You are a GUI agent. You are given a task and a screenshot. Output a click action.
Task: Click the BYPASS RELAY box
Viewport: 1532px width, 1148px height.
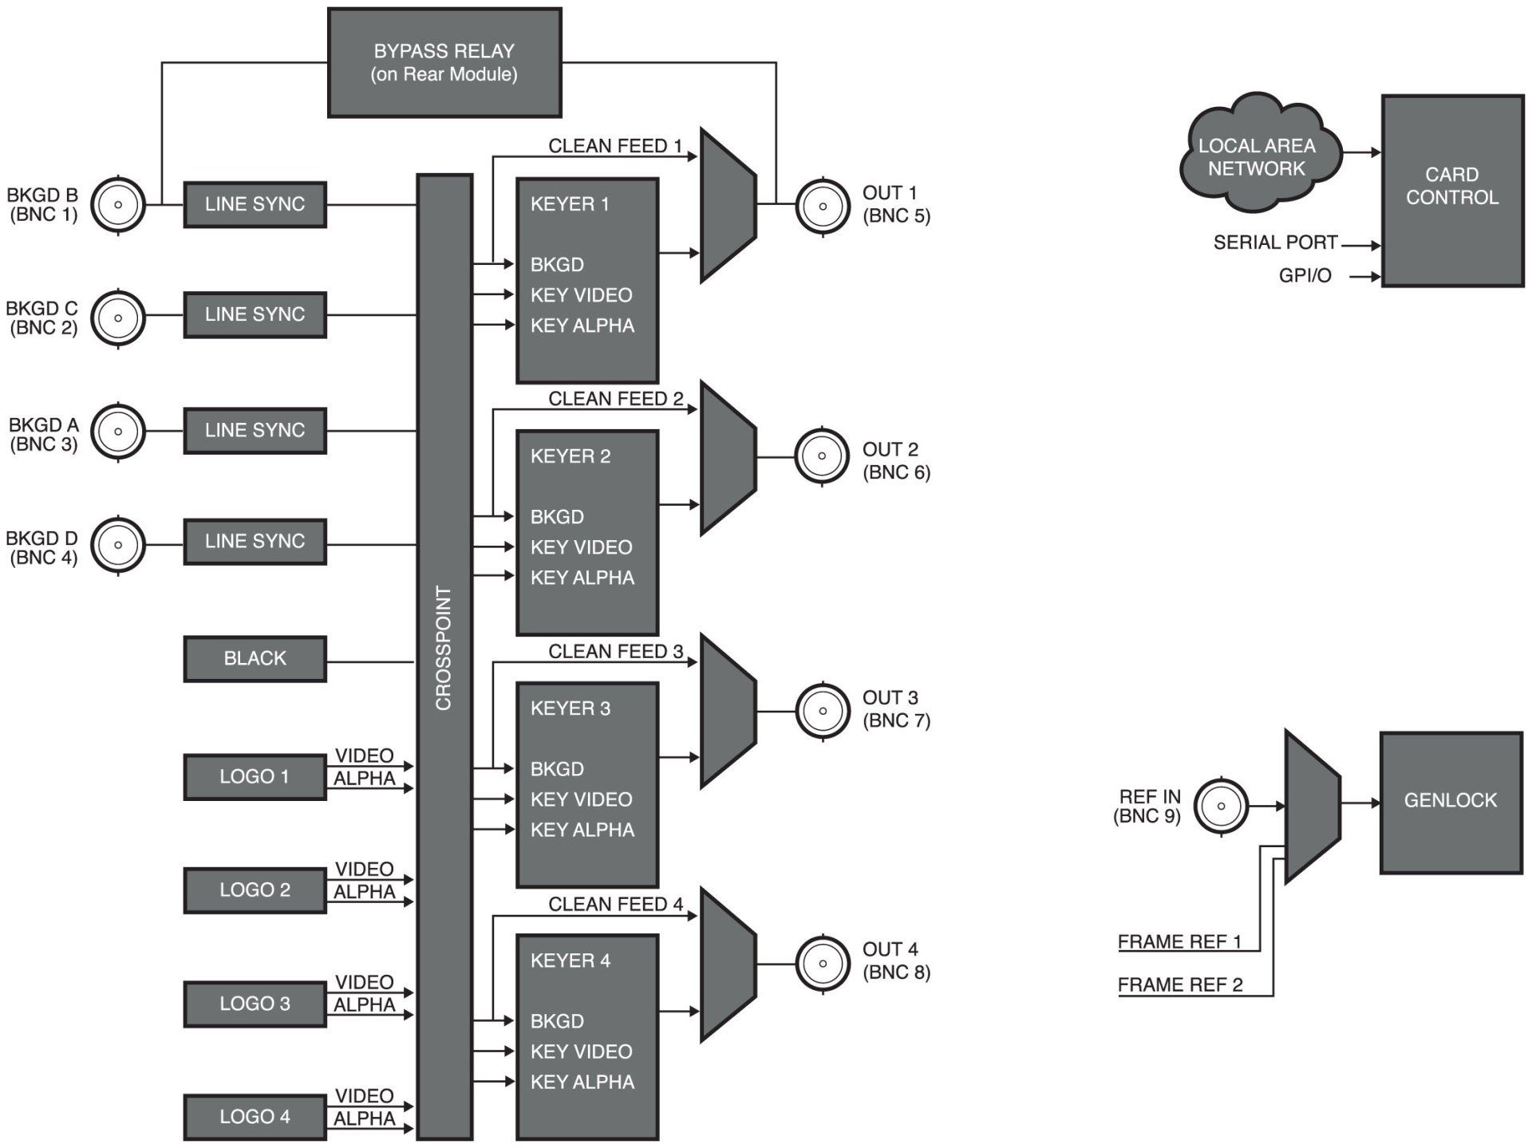pyautogui.click(x=444, y=63)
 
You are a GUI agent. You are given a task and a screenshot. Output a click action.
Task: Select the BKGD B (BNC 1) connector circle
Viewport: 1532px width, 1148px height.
pyautogui.click(x=118, y=205)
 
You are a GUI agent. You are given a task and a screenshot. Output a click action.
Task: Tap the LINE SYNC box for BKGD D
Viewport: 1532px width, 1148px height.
pyautogui.click(x=255, y=542)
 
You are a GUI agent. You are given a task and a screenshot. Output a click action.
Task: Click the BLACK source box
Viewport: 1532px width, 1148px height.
pyautogui.click(x=255, y=659)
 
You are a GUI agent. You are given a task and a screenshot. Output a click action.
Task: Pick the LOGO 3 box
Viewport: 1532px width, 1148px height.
pyautogui.click(x=255, y=1004)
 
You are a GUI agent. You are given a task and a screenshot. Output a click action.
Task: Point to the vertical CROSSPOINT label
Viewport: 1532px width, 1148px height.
pyautogui.click(x=444, y=648)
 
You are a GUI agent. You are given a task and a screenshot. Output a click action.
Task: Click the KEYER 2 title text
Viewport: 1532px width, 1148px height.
pyautogui.click(x=570, y=456)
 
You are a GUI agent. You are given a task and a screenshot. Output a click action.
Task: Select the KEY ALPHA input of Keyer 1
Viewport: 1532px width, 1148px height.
pyautogui.click(x=582, y=325)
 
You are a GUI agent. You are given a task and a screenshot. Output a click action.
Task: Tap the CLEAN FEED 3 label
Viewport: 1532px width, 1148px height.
pyautogui.click(x=615, y=652)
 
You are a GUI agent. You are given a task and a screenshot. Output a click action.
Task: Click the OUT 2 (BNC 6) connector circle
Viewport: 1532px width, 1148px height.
pyautogui.click(x=822, y=456)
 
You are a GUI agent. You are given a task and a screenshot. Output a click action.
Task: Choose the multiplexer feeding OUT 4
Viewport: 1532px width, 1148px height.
pyautogui.click(x=728, y=965)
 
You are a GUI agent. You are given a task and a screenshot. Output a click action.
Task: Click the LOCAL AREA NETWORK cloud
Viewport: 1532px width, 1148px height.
pyautogui.click(x=1257, y=157)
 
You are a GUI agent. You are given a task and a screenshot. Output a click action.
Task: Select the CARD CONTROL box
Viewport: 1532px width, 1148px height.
pyautogui.click(x=1451, y=190)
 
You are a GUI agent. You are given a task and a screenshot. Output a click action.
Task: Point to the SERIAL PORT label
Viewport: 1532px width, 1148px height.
pyautogui.click(x=1274, y=243)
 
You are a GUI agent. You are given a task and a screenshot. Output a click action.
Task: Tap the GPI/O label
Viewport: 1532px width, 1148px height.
pyautogui.click(x=1305, y=276)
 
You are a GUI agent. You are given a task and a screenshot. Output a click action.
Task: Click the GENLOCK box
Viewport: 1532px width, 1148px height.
pyautogui.click(x=1451, y=801)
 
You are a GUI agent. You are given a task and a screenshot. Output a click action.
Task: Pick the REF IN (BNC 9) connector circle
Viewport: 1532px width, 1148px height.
pyautogui.click(x=1221, y=807)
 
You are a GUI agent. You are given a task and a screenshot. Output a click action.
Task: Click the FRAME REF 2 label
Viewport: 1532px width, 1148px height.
pyautogui.click(x=1179, y=985)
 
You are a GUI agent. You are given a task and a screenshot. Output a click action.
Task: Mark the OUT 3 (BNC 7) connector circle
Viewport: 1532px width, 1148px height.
pyautogui.click(x=822, y=710)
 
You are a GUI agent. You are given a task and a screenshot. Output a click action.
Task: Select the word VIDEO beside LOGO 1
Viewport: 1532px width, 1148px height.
pyautogui.click(x=364, y=755)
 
